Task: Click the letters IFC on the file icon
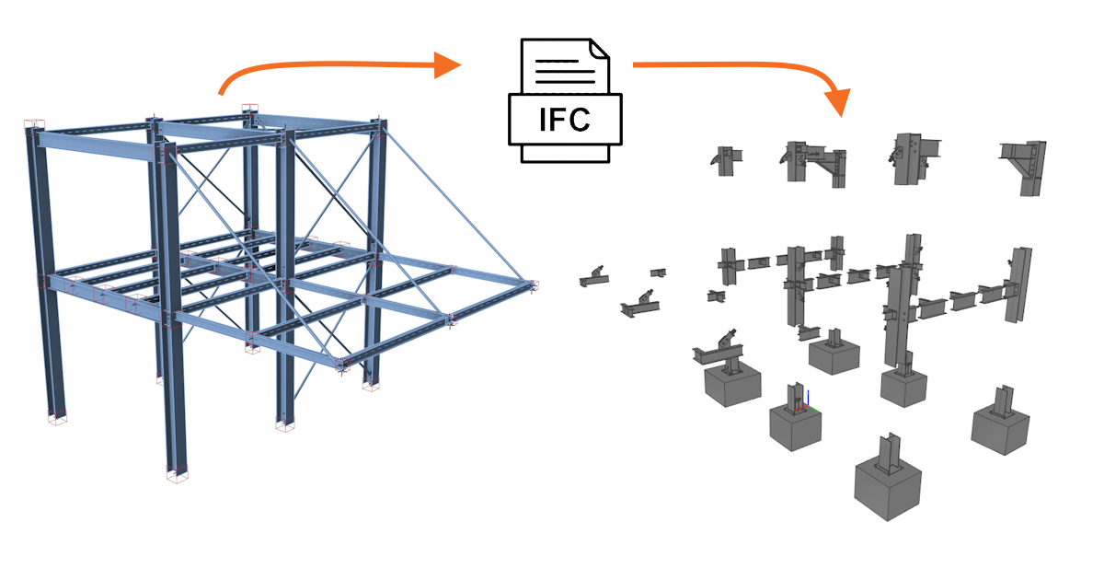[566, 120]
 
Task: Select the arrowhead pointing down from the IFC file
[839, 101]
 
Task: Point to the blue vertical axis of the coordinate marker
[807, 398]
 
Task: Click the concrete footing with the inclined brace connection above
[733, 386]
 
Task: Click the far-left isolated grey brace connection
[592, 275]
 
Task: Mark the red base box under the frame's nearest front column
[176, 476]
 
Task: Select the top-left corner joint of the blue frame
[33, 129]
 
